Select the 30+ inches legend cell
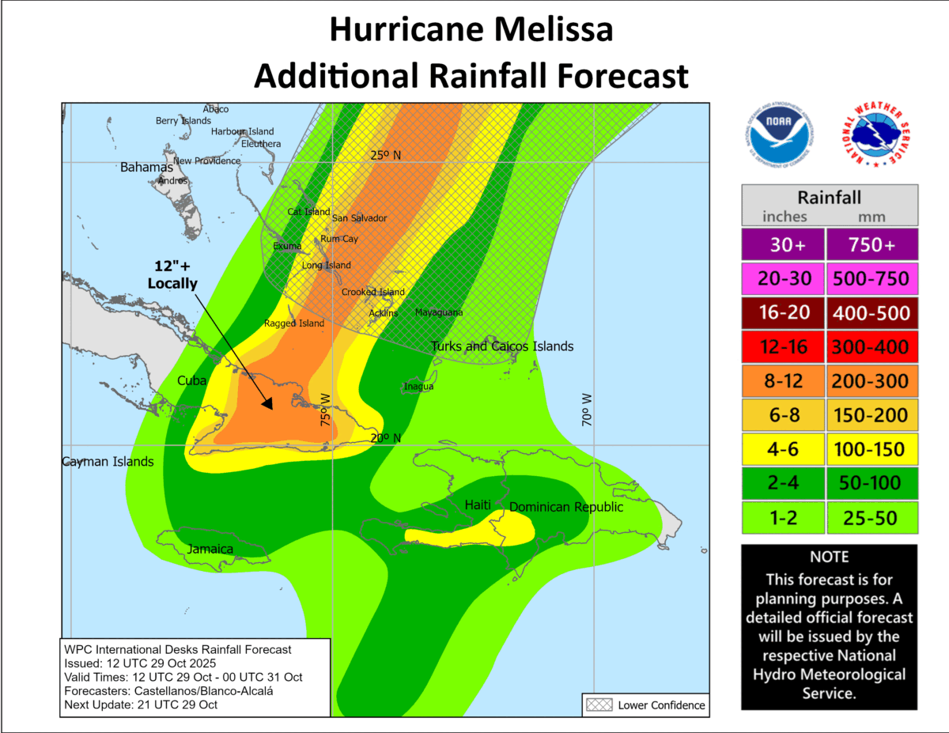click(782, 245)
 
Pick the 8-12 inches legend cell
click(782, 381)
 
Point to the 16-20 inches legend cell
click(782, 313)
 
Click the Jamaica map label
click(210, 549)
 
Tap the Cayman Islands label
click(108, 462)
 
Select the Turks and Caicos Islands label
click(502, 346)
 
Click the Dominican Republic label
click(566, 507)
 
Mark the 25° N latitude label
click(386, 154)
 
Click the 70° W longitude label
click(587, 410)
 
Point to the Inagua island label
click(418, 387)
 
